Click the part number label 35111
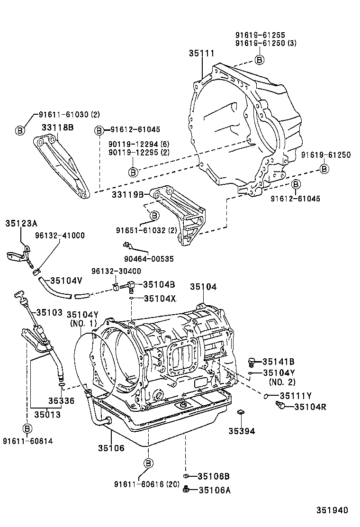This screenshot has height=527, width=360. pos(203,54)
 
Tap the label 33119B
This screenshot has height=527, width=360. pos(127,194)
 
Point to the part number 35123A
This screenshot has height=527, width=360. pos(22,223)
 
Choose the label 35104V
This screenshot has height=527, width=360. pos(66,280)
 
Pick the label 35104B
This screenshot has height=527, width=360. pos(159,284)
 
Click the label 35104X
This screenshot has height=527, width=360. pos(160,299)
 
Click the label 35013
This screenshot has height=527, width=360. pos(47,415)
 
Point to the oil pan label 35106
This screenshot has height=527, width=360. pos(111,448)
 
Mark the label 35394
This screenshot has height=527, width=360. pos(242,431)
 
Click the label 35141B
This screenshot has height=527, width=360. pos(279,361)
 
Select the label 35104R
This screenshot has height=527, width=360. pos(311,406)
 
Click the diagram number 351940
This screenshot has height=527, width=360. pos(333,510)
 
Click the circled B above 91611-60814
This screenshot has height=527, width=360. pos(27,429)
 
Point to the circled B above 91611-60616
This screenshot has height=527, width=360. pos(148,463)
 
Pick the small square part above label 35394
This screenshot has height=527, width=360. pos(241,411)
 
